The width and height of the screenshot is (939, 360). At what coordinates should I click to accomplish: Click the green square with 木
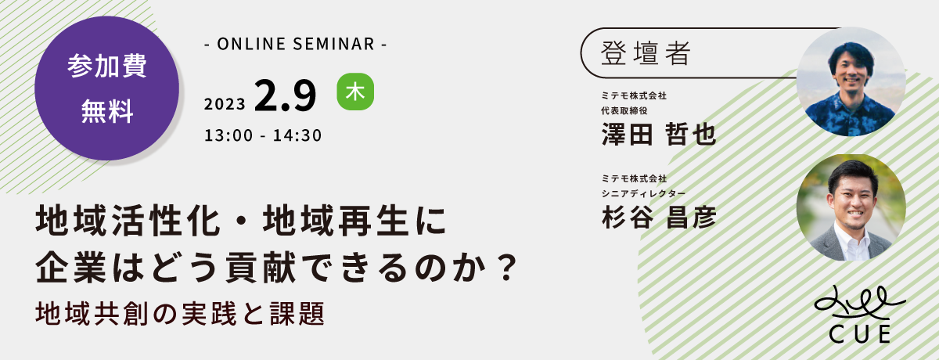(355, 92)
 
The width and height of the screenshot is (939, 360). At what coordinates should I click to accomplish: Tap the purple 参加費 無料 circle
(107, 88)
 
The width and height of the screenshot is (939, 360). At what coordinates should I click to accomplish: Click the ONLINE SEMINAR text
(296, 44)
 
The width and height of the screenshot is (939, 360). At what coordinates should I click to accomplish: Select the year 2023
(225, 104)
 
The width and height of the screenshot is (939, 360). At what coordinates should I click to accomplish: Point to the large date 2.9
(285, 95)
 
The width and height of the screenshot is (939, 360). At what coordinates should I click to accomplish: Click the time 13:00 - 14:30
(263, 135)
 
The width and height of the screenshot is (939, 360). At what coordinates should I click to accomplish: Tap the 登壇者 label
(646, 53)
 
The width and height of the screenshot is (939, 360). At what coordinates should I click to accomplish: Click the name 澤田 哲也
(659, 134)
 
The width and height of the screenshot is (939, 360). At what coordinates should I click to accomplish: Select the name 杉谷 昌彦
(659, 218)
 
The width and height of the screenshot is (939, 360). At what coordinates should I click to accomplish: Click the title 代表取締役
(624, 110)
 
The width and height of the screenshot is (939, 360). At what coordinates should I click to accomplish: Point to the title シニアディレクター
(643, 193)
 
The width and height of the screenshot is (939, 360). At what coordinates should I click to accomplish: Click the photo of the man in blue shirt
(851, 81)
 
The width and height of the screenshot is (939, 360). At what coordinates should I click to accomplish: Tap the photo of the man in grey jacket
(851, 207)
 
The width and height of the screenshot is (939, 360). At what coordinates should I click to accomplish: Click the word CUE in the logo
(860, 334)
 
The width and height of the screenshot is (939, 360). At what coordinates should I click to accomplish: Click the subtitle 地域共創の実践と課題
(180, 314)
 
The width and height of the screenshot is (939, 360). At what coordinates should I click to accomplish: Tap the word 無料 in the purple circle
(107, 111)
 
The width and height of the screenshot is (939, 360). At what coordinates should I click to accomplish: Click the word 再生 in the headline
(374, 221)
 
